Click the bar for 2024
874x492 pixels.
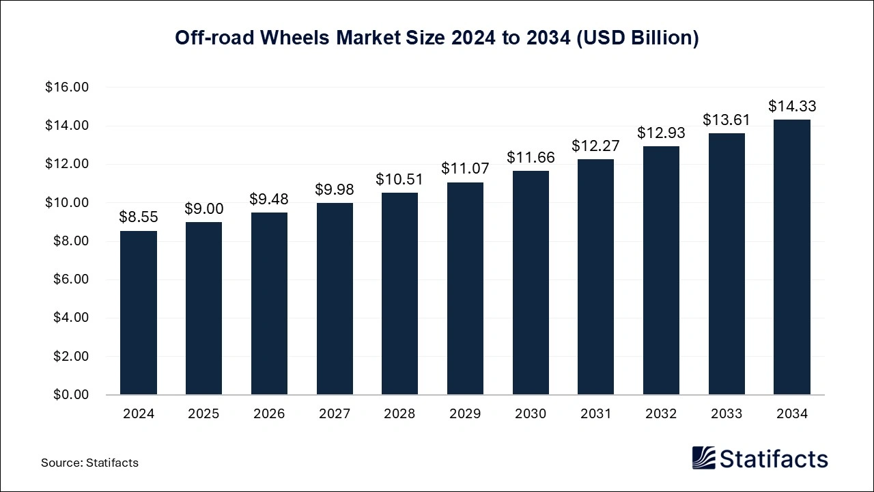click(x=139, y=313)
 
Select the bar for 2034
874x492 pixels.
click(x=792, y=258)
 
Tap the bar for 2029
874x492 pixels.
click(x=465, y=288)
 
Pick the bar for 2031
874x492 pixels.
click(x=595, y=277)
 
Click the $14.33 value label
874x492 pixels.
click(x=792, y=107)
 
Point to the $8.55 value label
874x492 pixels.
click(x=139, y=217)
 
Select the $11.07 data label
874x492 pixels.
click(x=465, y=169)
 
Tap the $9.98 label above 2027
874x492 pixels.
click(x=335, y=189)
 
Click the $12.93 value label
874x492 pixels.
click(x=661, y=133)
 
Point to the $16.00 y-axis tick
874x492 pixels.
click(x=67, y=87)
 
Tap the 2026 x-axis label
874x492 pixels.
click(x=269, y=414)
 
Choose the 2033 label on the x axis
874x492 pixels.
click(x=727, y=414)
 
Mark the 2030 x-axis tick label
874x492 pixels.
click(x=531, y=414)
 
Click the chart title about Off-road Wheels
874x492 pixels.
click(x=437, y=38)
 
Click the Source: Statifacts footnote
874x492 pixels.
click(x=89, y=463)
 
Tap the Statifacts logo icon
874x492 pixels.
click(x=703, y=459)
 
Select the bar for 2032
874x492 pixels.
click(x=661, y=271)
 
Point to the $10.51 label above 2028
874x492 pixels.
click(x=399, y=180)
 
